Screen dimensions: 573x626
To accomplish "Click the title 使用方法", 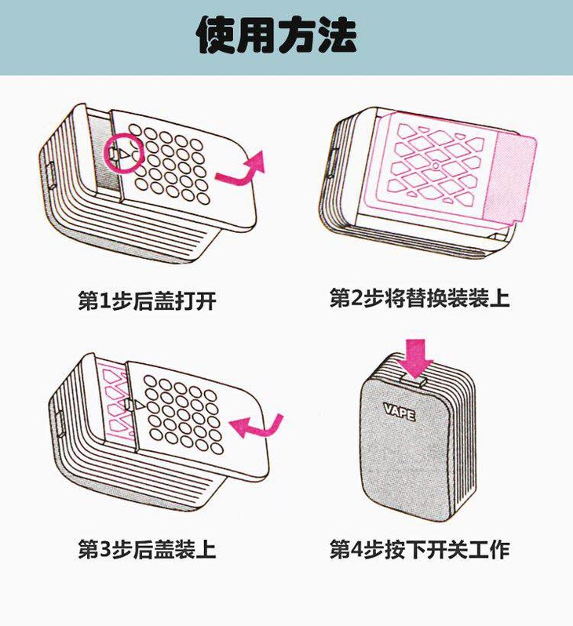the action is tap(276, 35).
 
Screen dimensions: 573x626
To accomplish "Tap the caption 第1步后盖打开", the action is tap(147, 300).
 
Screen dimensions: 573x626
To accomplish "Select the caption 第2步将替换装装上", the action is tap(420, 298).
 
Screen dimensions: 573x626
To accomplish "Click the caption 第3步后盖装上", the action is tap(147, 549).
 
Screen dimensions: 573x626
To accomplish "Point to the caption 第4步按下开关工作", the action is tap(420, 549).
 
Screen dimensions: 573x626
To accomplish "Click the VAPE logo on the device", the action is tap(400, 412).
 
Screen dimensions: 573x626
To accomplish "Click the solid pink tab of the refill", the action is tap(509, 177).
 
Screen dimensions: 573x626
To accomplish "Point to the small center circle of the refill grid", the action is tap(436, 166).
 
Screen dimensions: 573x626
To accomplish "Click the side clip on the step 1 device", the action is tap(51, 175).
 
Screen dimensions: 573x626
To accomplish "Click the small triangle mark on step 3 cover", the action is tap(139, 406).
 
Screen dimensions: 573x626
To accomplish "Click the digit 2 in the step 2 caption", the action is tap(355, 298).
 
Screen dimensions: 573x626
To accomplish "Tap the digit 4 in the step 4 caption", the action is tap(355, 550).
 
